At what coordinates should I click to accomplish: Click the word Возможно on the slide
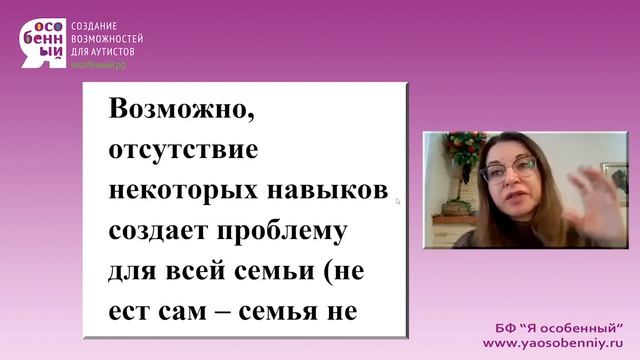[x=182, y=111]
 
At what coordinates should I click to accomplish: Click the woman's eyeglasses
[x=508, y=168]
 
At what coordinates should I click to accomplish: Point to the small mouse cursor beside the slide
[x=398, y=201]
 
